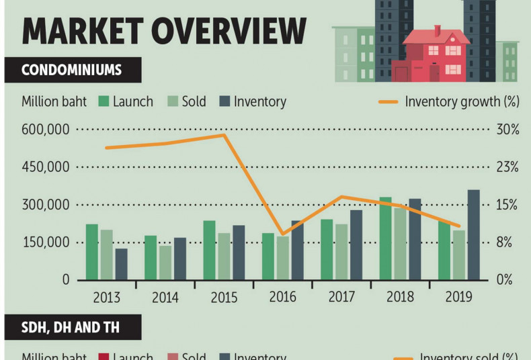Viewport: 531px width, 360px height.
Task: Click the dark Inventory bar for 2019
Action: (x=473, y=234)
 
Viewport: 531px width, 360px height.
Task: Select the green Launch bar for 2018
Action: (x=385, y=238)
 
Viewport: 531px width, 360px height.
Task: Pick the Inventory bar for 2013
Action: (x=121, y=264)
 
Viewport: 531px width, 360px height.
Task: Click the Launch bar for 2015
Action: (x=209, y=250)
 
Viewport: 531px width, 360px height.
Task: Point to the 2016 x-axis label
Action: (x=282, y=297)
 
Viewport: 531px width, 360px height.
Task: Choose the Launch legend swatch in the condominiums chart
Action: (x=104, y=102)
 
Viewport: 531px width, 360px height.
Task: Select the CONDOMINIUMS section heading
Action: (x=72, y=70)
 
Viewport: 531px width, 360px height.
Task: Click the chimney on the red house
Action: (x=437, y=31)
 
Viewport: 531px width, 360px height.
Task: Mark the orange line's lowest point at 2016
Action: (x=282, y=234)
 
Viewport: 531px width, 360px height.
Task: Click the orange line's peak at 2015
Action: (x=224, y=135)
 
